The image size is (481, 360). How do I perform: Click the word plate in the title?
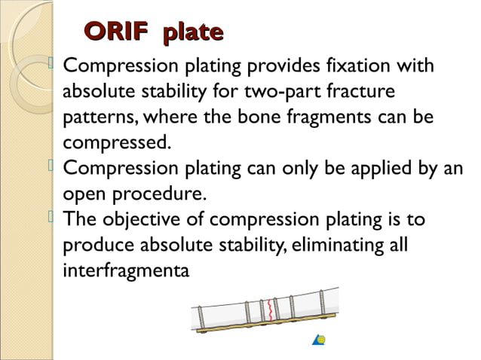click(194, 32)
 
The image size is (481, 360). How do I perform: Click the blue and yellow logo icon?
click(320, 340)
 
